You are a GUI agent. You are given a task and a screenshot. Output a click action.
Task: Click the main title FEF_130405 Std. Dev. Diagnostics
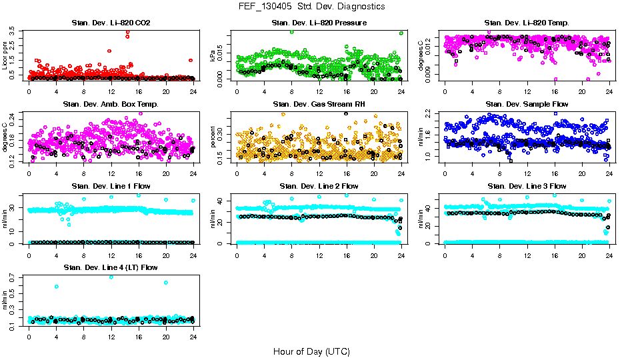coord(311,6)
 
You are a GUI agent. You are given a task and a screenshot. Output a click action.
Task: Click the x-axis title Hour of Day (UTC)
coord(311,351)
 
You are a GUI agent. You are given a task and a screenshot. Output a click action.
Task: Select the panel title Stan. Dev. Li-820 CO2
coord(111,23)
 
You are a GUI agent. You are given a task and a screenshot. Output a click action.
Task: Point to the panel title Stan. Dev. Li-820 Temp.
coord(527,23)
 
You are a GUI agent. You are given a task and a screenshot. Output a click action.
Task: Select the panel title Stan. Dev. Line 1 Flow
coord(111,186)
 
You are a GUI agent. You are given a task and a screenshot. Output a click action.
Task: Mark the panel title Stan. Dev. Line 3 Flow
coord(527,186)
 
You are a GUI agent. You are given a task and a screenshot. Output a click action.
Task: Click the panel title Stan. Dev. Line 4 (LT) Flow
coord(111,267)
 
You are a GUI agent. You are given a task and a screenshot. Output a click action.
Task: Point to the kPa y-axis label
coord(213,55)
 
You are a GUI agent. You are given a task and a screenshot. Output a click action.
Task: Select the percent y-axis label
coord(213,137)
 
